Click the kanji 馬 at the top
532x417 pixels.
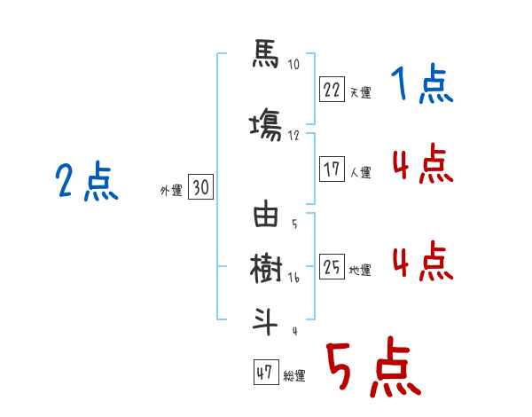(265, 56)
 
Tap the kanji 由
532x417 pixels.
(265, 216)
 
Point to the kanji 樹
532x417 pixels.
(265, 267)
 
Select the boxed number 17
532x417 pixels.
(332, 169)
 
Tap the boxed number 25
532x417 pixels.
(332, 267)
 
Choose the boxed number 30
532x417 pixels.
(199, 187)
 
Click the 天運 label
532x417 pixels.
(360, 92)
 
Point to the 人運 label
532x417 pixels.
(360, 173)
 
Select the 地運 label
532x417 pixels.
(360, 271)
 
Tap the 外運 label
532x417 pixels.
(170, 191)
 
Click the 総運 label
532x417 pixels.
(294, 376)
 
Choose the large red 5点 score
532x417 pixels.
(372, 367)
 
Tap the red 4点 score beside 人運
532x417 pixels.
(421, 164)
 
